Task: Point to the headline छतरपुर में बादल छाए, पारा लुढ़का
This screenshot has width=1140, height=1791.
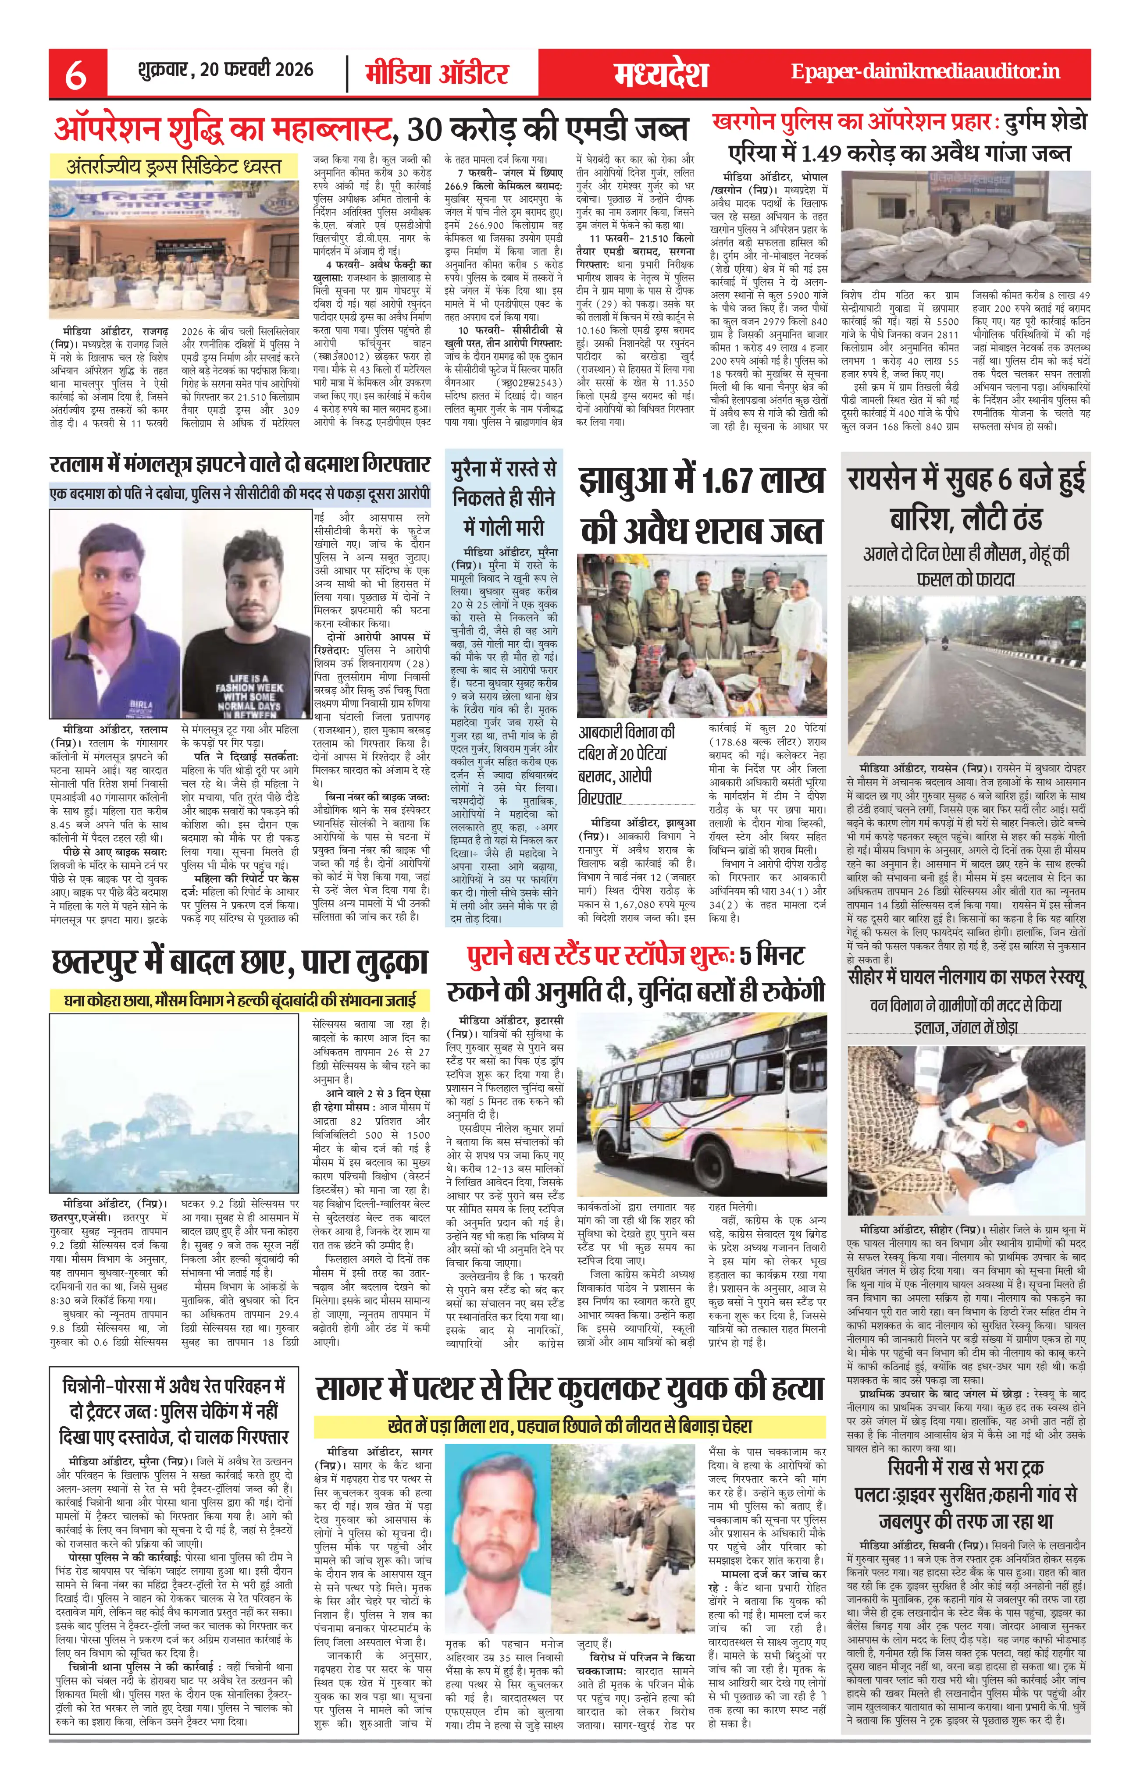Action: [x=239, y=962]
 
